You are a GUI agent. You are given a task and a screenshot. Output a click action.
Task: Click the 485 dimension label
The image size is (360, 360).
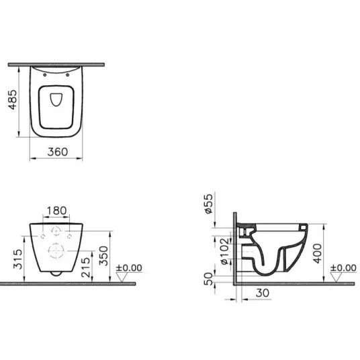[x=13, y=99]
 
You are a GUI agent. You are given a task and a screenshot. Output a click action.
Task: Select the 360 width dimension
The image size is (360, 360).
[x=58, y=152]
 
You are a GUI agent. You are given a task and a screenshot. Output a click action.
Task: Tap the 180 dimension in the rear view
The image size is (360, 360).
[x=56, y=210]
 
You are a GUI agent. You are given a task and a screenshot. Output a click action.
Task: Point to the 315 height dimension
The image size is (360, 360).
[x=17, y=259]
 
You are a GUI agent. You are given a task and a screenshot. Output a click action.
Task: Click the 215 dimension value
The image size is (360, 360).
[x=86, y=267]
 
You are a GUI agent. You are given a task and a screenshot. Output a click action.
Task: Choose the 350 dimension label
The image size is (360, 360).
[x=103, y=256]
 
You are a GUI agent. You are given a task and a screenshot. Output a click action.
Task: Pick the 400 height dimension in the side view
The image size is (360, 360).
[x=318, y=253]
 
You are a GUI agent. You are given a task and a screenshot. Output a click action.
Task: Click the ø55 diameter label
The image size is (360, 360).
[x=209, y=204]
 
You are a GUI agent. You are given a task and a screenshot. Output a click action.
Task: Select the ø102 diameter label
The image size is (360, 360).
[x=224, y=251]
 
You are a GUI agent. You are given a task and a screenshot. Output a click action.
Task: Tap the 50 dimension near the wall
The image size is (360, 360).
[x=208, y=279]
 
